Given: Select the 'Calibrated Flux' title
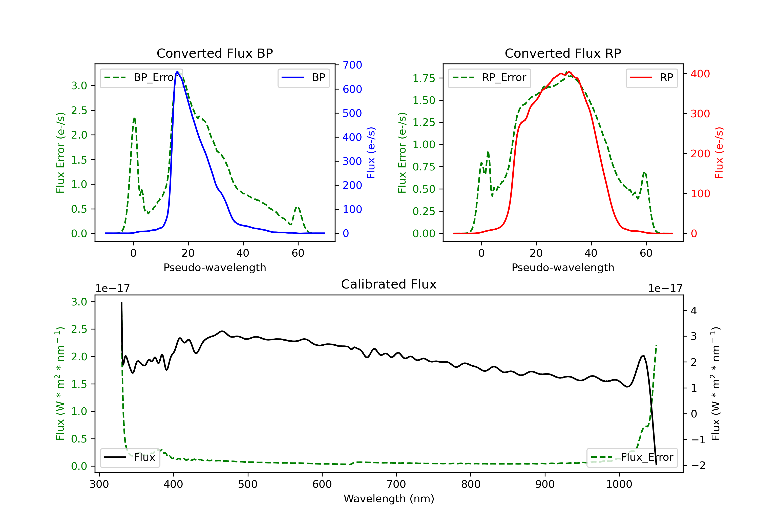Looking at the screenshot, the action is pos(389,284).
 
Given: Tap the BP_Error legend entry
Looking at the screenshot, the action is pos(141,78).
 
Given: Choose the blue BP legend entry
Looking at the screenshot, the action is pos(303,78).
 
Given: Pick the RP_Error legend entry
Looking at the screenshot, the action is pos(489,78).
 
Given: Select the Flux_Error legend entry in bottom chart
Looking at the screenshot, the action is pos(632,457).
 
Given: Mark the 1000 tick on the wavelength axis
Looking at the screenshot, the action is pos(619,484).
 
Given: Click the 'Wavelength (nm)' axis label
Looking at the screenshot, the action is pos(389,499).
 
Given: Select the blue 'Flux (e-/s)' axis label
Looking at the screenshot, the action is pos(371,153).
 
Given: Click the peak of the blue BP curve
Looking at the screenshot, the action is pos(177,72).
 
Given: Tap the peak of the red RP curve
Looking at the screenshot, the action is pos(568,72).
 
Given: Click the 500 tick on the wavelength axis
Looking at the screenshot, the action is pos(248,484).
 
